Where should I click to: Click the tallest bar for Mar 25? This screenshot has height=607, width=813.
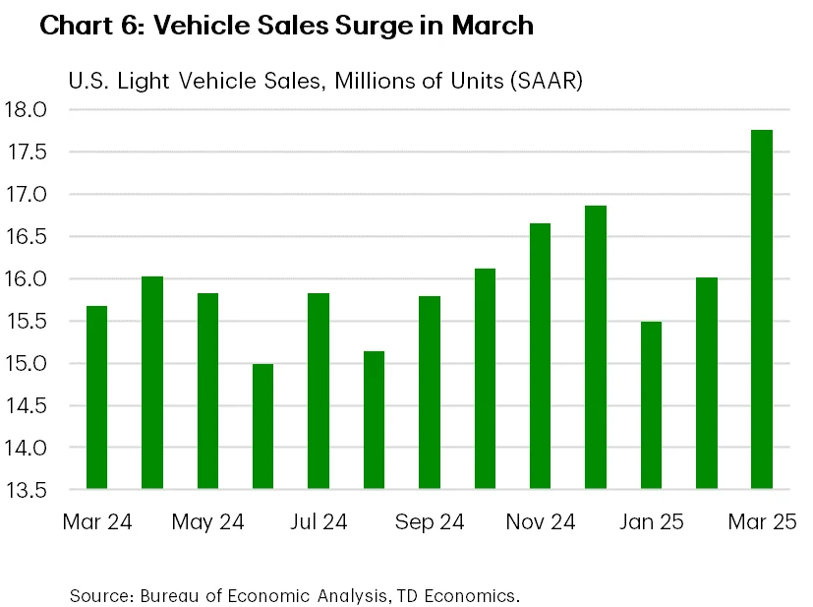762,310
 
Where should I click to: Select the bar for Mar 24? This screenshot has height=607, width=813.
96,397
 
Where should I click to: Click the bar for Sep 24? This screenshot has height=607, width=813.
429,393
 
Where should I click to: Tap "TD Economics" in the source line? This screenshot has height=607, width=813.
462,595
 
